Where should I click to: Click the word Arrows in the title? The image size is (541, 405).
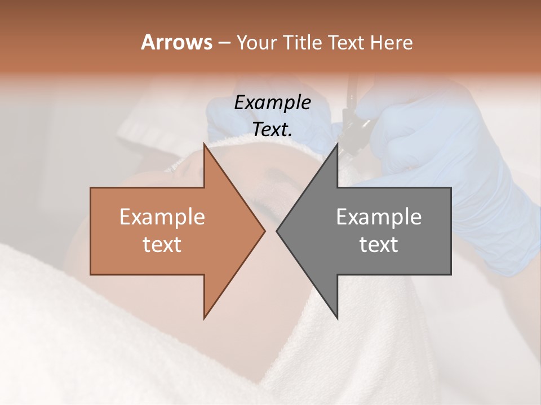pos(176,42)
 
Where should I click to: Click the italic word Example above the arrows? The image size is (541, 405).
pos(272,103)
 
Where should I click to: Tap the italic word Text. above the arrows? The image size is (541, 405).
pos(272,130)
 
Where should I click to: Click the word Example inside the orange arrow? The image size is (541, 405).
pos(162,217)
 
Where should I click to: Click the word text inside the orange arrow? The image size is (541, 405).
pos(162,245)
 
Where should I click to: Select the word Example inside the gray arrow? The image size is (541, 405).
pos(379,217)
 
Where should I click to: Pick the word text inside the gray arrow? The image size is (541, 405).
pos(379,245)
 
